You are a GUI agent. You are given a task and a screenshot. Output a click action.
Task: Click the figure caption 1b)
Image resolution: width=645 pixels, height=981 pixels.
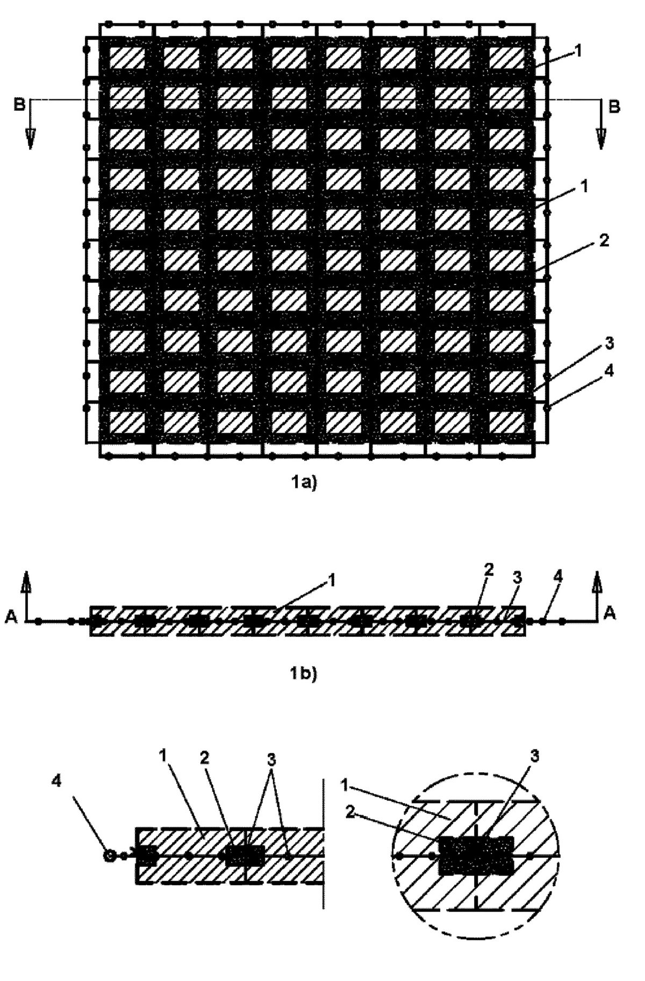point(304,673)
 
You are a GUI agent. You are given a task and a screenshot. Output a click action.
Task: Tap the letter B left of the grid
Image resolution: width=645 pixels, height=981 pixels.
point(19,105)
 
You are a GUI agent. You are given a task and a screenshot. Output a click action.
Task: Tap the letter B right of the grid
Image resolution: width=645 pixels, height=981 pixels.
point(614,106)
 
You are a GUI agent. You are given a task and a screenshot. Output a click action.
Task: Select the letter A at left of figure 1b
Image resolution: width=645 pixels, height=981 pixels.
point(10,619)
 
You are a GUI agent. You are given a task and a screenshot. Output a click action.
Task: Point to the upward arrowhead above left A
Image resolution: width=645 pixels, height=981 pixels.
point(25,582)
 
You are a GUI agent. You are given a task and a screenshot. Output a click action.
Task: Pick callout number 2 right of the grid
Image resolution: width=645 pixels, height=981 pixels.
point(604,240)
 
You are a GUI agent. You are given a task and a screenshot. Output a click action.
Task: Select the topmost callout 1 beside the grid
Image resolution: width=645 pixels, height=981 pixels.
point(577,51)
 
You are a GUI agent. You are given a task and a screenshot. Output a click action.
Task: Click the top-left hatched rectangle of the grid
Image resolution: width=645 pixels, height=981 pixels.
point(127,57)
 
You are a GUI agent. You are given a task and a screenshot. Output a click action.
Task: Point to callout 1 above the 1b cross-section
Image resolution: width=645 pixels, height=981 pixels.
point(332,580)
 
